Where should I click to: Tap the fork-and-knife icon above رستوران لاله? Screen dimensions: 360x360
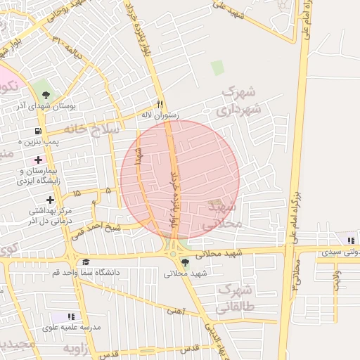[160, 101]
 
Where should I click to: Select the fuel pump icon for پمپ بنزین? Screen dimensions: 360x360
[37, 131]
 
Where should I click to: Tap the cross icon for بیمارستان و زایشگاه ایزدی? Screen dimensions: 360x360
[38, 160]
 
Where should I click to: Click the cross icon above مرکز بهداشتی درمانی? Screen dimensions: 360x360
[49, 200]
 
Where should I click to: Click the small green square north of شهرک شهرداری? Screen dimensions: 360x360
[218, 67]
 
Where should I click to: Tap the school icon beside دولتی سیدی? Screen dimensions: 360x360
[341, 240]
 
